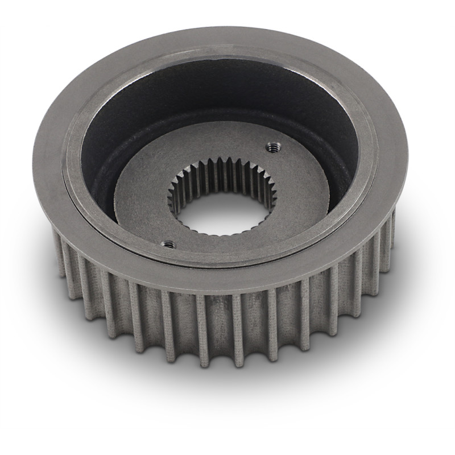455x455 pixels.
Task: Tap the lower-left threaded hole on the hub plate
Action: point(168,245)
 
